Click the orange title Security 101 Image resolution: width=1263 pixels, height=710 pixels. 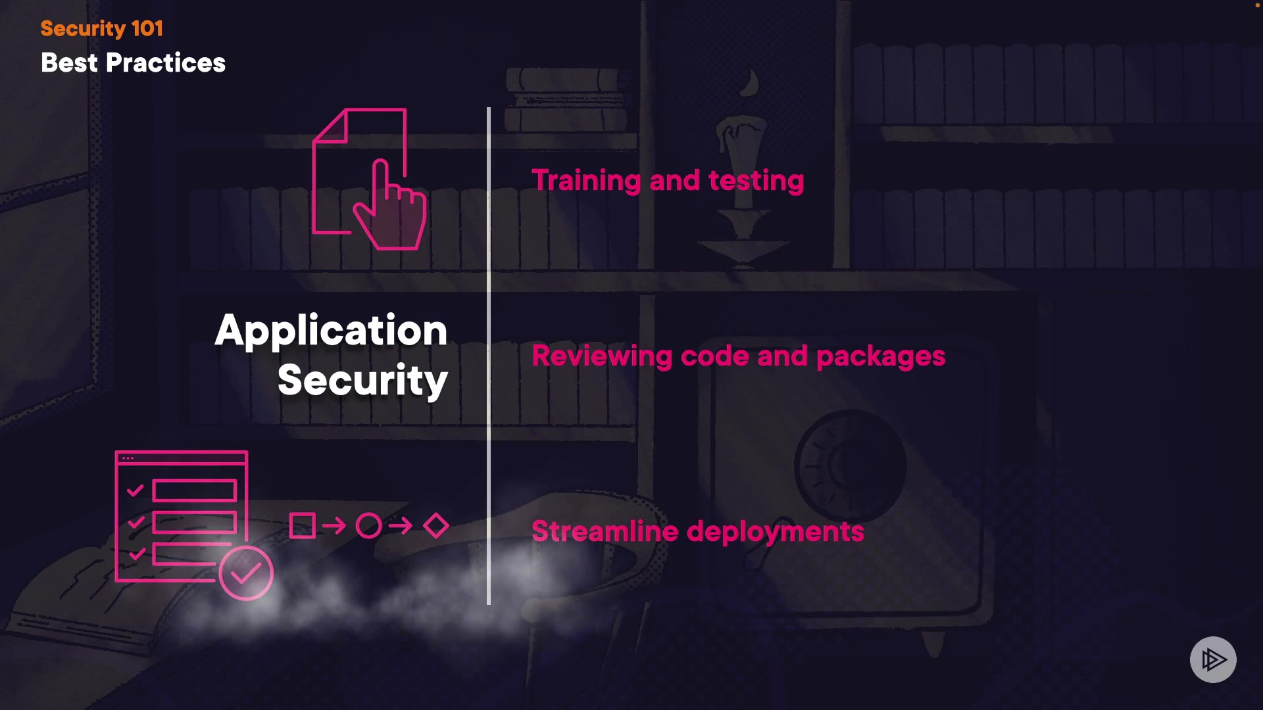point(101,28)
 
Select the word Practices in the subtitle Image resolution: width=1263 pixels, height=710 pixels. point(165,63)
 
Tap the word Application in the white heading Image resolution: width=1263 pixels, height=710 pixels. point(331,331)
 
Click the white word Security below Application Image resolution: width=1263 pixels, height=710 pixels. point(362,380)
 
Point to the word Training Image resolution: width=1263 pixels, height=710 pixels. point(586,181)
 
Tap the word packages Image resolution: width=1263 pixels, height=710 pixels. point(880,356)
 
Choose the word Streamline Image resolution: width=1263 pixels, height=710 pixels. point(605,531)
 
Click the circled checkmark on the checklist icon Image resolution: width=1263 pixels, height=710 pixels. point(246,573)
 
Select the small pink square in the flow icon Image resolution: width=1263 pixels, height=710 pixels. point(303,526)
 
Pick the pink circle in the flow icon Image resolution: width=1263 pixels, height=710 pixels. point(368,526)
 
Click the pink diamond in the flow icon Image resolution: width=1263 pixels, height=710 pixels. point(436,526)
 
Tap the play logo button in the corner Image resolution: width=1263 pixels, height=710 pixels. point(1213,659)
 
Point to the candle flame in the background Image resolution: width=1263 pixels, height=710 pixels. point(751,84)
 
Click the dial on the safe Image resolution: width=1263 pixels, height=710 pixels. point(849,465)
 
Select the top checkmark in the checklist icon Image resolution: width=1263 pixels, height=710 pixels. point(136,490)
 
